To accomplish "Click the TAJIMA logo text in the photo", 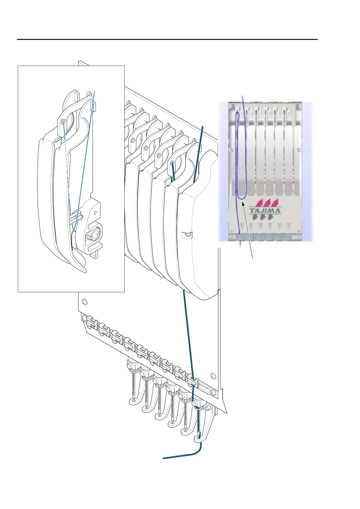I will pyautogui.click(x=265, y=211).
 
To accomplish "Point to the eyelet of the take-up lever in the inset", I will pyautogui.click(x=63, y=122).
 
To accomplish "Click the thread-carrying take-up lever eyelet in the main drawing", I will pyautogui.click(x=172, y=164).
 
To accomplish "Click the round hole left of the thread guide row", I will pyautogui.click(x=84, y=301).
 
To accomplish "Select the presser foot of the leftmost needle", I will pyautogui.click(x=133, y=401).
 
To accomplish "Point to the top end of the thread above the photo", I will pyautogui.click(x=242, y=96).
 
